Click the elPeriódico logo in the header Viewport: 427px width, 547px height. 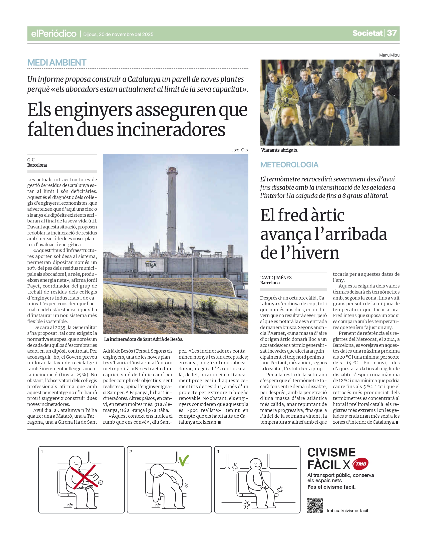pos(54,34)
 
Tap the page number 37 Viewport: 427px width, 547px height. pos(392,33)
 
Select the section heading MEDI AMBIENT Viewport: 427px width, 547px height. pos(57,63)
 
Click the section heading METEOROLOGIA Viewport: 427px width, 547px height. pos(289,165)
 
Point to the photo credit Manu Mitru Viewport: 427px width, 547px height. pos(389,55)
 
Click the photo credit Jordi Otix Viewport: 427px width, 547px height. pos(239,150)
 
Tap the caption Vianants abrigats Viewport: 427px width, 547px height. pos(279,150)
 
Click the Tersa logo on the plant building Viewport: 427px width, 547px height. pos(151,265)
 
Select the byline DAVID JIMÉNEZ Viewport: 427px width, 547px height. pos(276,278)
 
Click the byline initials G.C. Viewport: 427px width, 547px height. pos(31,160)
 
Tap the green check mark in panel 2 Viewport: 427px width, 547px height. pos(184,460)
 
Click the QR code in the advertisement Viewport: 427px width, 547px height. pos(315,505)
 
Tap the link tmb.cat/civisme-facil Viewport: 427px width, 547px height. pos(347,511)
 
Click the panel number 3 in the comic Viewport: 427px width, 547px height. pos(218,452)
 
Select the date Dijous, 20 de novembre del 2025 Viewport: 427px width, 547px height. pos(118,34)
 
